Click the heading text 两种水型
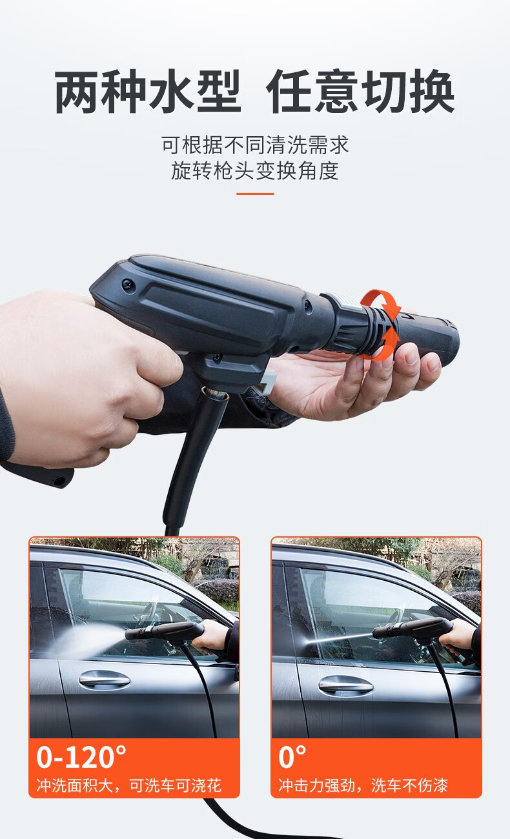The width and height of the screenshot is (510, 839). point(147,92)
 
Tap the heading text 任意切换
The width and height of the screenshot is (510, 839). point(360,92)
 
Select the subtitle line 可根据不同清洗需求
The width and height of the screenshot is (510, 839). point(255,145)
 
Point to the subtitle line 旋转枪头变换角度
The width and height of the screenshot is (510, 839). point(255,170)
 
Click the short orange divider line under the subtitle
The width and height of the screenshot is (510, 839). point(255,194)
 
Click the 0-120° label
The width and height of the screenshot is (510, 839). point(81,758)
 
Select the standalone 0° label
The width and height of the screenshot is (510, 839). point(292,758)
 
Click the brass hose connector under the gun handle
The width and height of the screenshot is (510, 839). point(215,393)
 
